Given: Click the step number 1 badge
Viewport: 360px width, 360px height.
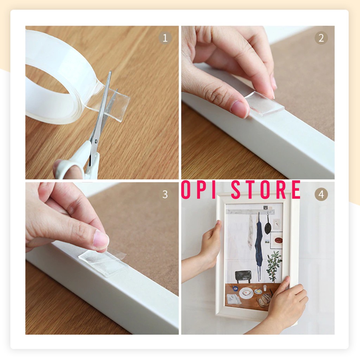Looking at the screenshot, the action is point(165,38).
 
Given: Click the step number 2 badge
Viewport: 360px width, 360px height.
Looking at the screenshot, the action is point(321,38).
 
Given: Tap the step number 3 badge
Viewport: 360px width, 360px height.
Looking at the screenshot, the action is point(165,194).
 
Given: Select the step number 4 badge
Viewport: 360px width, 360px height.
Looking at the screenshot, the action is point(321,194).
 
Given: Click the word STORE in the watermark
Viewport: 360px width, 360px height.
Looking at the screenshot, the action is point(265,189).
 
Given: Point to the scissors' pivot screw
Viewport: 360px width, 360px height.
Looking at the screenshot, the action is point(96,141).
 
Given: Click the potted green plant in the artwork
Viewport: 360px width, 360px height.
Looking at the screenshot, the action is point(274,266).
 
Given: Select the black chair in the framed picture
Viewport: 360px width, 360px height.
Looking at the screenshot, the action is point(243,277).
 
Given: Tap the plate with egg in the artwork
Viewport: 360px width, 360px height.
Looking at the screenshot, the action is point(246,293).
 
